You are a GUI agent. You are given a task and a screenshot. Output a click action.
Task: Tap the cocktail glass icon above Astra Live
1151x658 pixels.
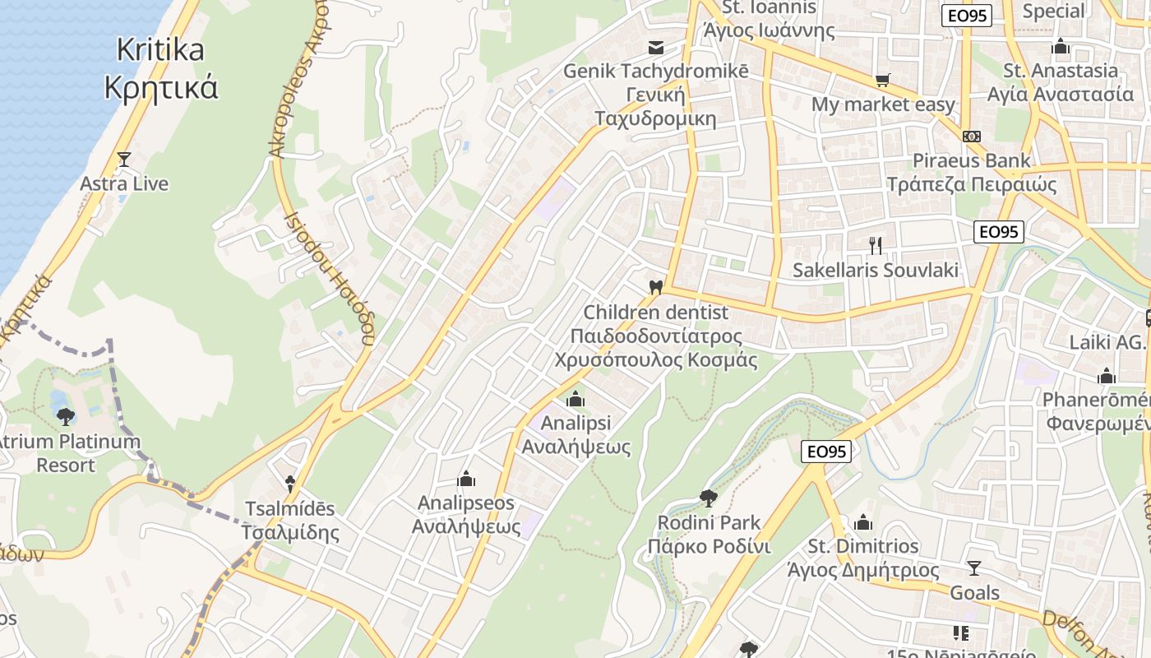coord(124,159)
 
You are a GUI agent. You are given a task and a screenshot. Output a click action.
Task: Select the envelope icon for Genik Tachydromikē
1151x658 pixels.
coord(655,47)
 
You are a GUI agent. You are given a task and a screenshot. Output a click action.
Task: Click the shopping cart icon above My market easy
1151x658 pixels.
coord(883,81)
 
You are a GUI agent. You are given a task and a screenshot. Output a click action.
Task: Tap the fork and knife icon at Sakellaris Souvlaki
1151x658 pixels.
coord(876,245)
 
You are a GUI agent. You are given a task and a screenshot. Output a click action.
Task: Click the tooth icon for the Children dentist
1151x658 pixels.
coord(655,287)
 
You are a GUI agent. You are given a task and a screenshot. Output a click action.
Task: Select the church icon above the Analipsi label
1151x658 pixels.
coord(575,399)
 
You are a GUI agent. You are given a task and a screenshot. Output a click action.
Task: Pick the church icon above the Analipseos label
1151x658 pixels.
coord(466,479)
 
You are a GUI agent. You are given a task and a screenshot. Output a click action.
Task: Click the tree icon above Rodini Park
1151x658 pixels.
coord(708,498)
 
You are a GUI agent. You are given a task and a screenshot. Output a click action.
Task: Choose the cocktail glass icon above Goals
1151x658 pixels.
coord(974,568)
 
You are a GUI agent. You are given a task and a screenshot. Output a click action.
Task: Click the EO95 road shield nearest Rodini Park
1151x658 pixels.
coord(825,451)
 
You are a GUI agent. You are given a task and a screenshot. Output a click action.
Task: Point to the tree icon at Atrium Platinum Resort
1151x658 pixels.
coord(66,416)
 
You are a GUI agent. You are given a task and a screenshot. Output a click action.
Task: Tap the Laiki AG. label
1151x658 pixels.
coord(1107,342)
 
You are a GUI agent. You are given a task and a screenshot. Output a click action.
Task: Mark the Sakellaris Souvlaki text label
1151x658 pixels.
coord(876,270)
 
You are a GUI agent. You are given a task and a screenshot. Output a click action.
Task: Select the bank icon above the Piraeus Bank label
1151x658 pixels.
coord(972,136)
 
